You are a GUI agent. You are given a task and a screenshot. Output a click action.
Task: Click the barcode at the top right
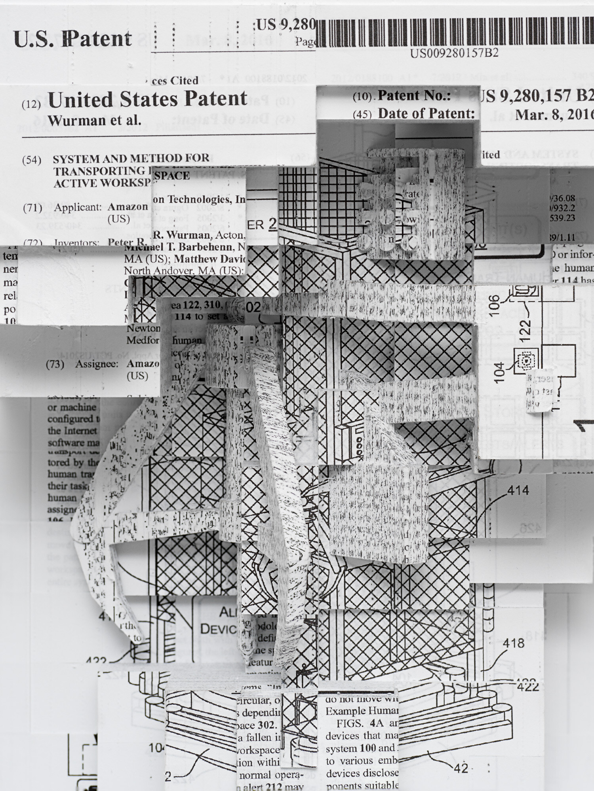pyautogui.click(x=455, y=32)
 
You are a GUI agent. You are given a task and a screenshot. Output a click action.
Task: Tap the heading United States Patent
pyautogui.click(x=147, y=99)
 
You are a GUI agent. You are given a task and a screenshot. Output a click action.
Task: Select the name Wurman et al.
pyautogui.click(x=94, y=120)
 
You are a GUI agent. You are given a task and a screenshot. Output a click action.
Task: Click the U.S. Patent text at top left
pyautogui.click(x=72, y=39)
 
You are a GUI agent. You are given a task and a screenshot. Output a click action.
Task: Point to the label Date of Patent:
pyautogui.click(x=426, y=114)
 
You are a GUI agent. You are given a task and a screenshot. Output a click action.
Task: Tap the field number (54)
pyautogui.click(x=32, y=160)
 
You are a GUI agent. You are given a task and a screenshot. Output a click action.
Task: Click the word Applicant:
pyautogui.click(x=78, y=207)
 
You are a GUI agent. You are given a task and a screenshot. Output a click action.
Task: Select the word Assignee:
pyautogui.click(x=97, y=364)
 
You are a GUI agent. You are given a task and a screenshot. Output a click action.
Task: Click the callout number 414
pyautogui.click(x=518, y=491)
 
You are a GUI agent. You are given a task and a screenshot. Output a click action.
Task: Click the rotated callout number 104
pyautogui.click(x=500, y=372)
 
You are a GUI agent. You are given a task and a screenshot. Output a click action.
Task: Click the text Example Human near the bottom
pyautogui.click(x=361, y=711)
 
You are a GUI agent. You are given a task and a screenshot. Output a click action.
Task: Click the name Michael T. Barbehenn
pyautogui.click(x=183, y=247)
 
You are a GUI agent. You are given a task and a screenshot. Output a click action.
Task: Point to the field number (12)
pyautogui.click(x=31, y=104)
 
